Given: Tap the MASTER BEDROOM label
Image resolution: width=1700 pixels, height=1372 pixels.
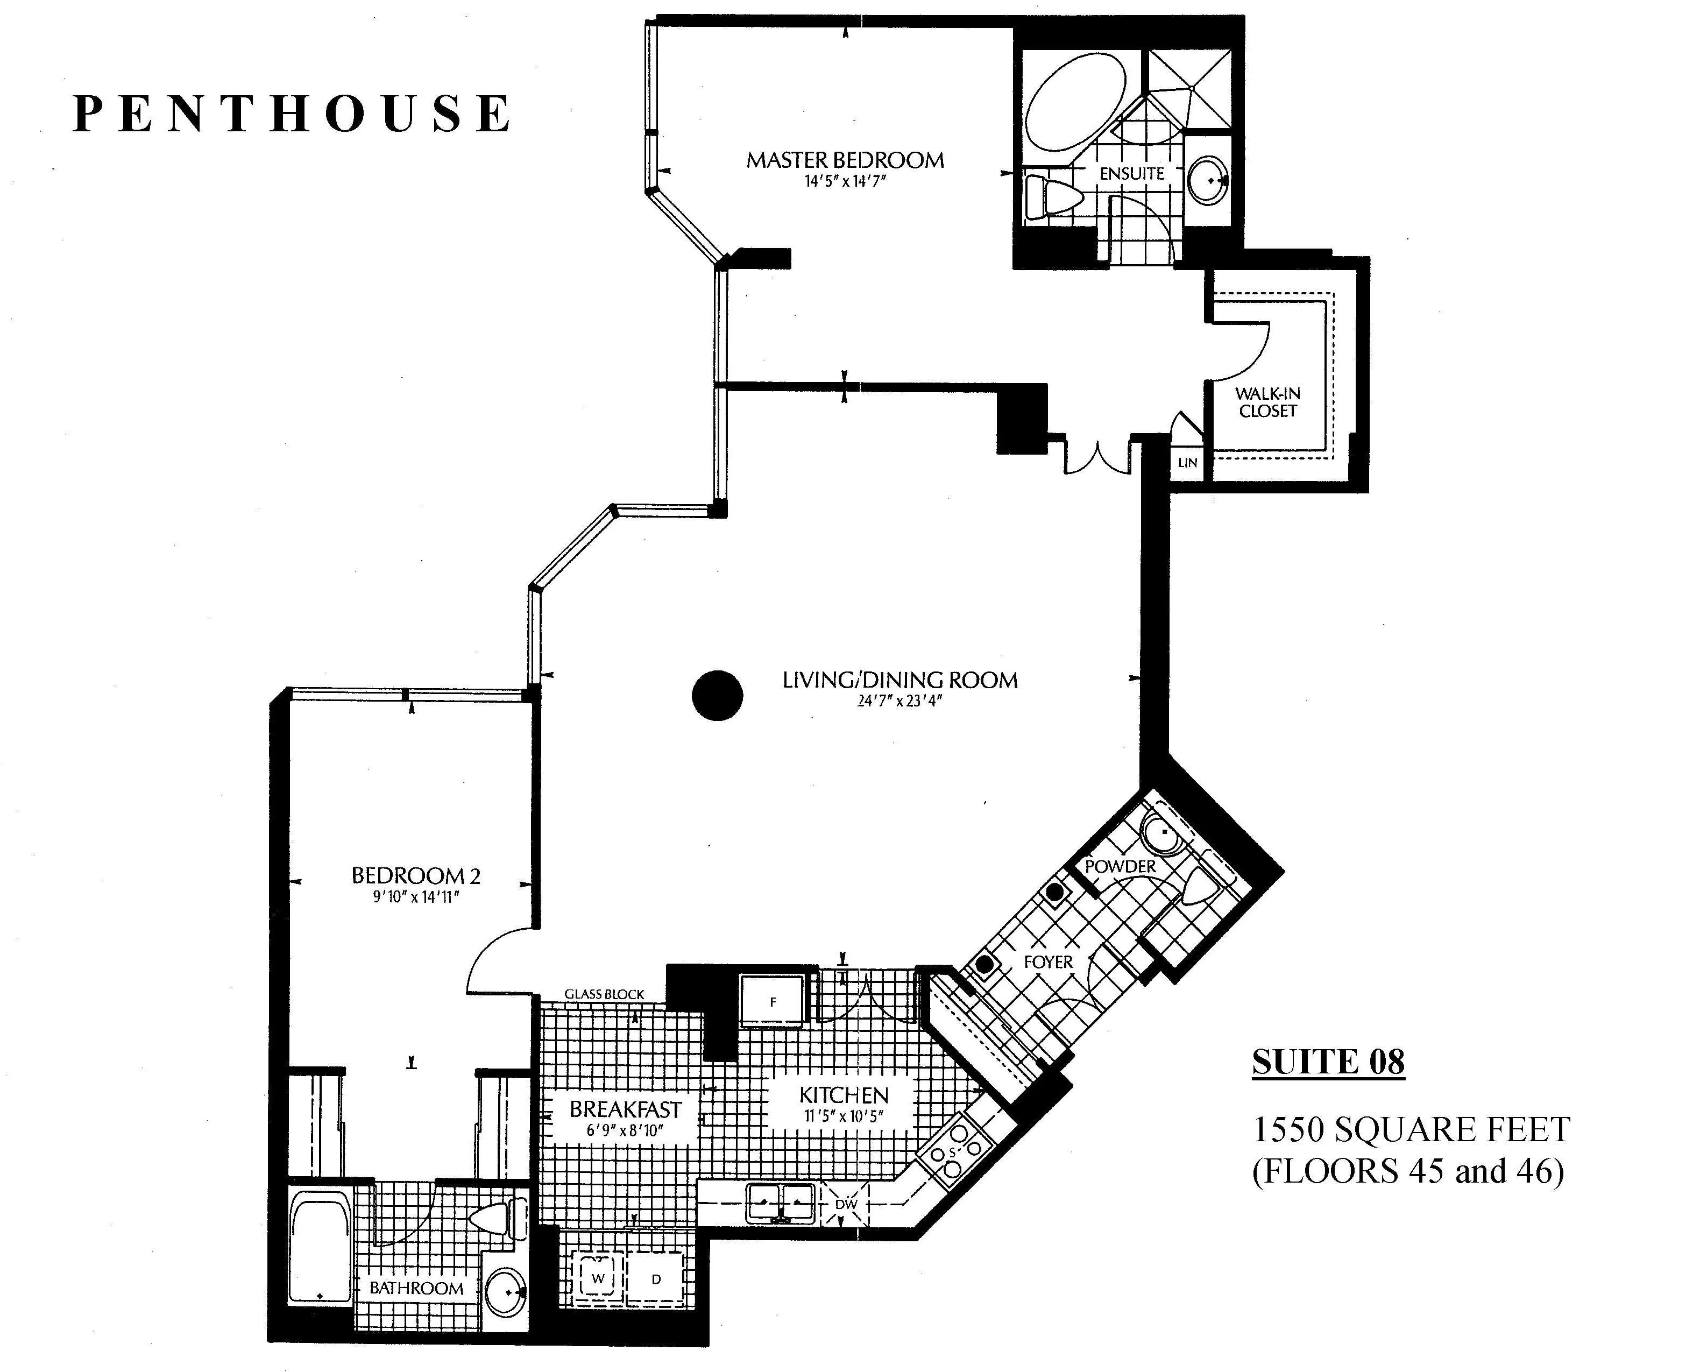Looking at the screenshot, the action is click(845, 160).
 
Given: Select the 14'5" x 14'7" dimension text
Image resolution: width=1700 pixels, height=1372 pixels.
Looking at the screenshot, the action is click(845, 181).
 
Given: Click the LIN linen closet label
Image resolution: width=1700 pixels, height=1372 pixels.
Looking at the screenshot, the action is click(1187, 462).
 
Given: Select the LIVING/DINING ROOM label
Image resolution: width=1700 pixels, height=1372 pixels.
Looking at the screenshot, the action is click(900, 680).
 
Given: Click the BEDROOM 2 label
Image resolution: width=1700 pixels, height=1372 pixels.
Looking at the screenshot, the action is click(416, 876).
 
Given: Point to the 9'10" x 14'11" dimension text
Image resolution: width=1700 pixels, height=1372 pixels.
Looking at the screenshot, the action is click(416, 897).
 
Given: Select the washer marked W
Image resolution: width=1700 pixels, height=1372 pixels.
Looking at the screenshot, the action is click(598, 1279).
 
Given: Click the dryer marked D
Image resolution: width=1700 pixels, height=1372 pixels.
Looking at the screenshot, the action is click(656, 1279).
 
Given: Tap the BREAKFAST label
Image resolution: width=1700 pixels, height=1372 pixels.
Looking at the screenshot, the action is click(625, 1109).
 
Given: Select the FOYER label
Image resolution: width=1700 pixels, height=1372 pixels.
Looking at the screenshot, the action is click(1048, 962).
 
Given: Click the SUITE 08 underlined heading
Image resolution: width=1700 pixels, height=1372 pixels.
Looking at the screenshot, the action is click(1329, 1062).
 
